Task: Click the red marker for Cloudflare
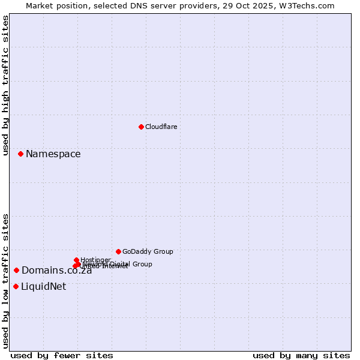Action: [141, 127]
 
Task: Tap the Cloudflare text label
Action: [161, 127]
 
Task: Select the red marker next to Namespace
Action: [20, 154]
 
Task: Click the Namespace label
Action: [53, 154]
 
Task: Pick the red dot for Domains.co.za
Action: [16, 270]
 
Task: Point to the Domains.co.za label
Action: [56, 271]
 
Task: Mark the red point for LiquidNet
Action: [16, 286]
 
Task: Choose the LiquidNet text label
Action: [43, 287]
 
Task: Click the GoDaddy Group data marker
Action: [118, 251]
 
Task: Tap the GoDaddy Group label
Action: [148, 251]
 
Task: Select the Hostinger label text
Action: [95, 260]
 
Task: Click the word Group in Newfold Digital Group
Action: [142, 264]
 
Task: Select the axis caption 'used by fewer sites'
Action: [62, 355]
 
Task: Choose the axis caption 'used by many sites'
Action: [301, 355]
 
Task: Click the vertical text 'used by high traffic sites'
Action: [5, 86]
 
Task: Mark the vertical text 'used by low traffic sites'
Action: [5, 281]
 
